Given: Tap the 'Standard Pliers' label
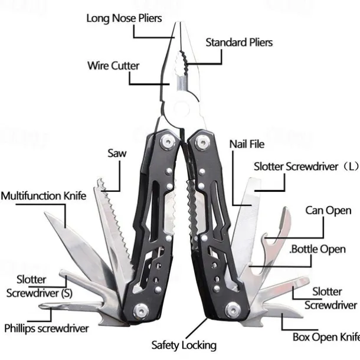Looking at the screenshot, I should pyautogui.click(x=239, y=42).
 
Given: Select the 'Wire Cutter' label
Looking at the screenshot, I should pyautogui.click(x=113, y=65).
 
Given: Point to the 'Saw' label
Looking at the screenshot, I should pyautogui.click(x=117, y=153).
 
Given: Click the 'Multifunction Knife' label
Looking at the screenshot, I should pyautogui.click(x=44, y=196).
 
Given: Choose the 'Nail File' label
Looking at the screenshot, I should pyautogui.click(x=247, y=144).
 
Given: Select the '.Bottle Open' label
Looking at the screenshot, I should pyautogui.click(x=318, y=248).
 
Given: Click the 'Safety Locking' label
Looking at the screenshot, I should pyautogui.click(x=184, y=345).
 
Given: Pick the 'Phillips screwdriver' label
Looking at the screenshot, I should pyautogui.click(x=47, y=328).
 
